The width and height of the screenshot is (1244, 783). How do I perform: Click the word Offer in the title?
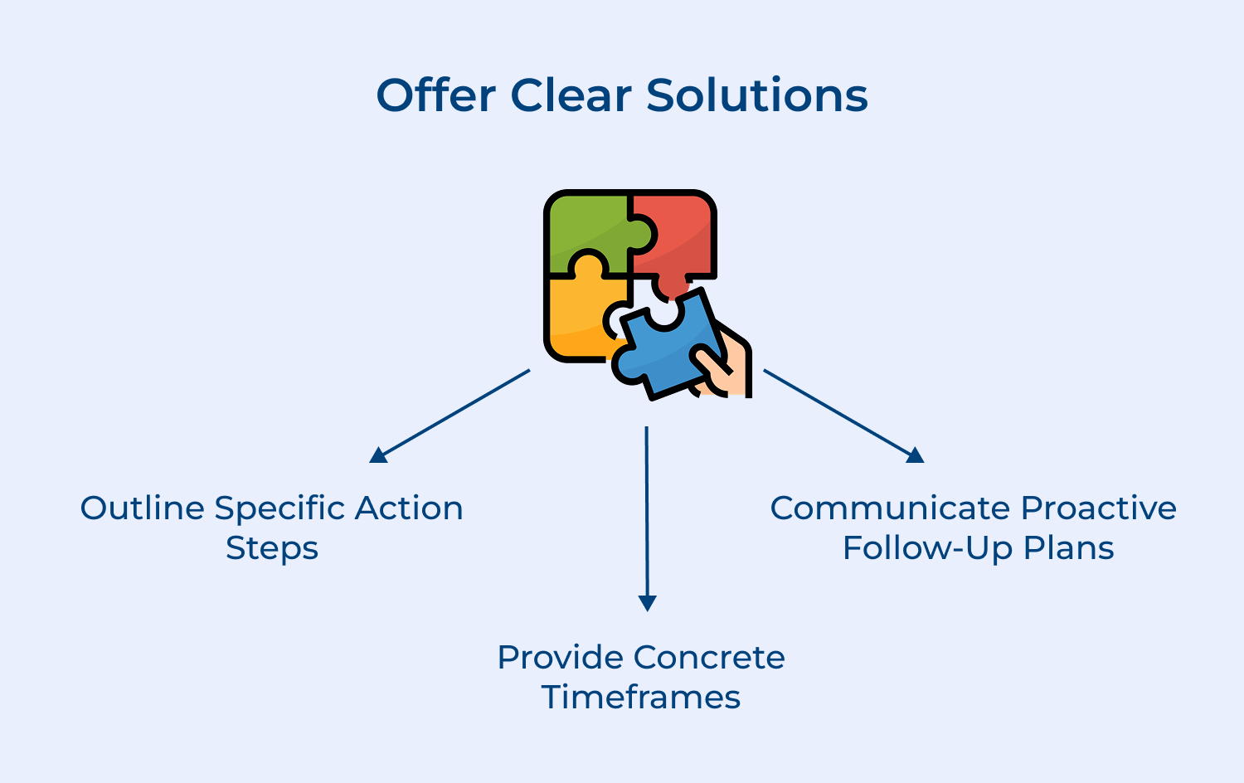[435, 95]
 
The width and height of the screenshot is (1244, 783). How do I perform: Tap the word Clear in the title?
[571, 95]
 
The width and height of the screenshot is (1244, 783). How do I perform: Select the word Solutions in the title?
[756, 95]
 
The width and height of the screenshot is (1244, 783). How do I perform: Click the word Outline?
[143, 508]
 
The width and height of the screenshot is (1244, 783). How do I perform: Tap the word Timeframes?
[640, 698]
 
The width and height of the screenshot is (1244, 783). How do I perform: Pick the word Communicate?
[891, 508]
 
